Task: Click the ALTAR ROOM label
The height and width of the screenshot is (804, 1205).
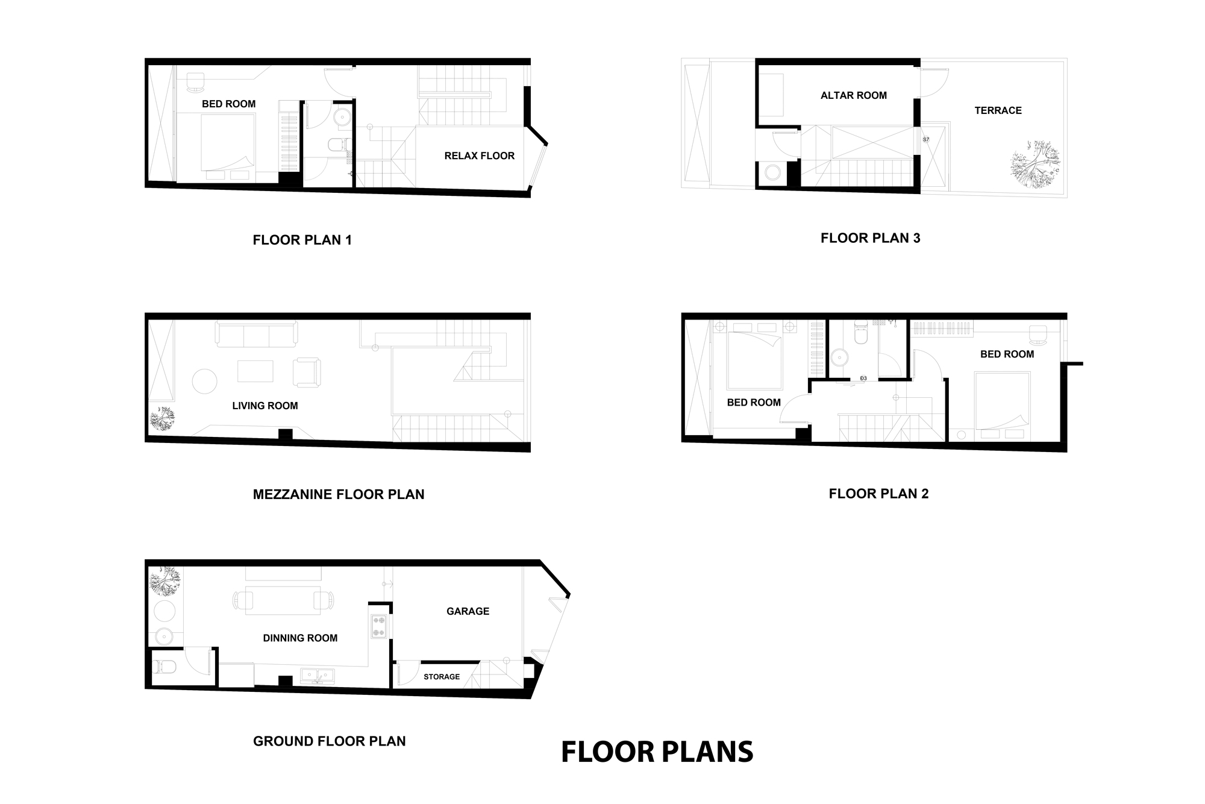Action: pos(853,95)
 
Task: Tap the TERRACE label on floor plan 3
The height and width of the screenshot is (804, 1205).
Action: pos(998,110)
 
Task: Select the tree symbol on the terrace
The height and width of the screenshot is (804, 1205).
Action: pos(1035,165)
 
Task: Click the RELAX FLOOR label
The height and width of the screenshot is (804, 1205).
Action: pos(479,156)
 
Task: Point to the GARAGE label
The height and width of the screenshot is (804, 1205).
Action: pos(468,611)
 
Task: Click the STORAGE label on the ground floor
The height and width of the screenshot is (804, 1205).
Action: pos(442,677)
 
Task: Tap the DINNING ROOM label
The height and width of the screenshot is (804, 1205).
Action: pos(300,638)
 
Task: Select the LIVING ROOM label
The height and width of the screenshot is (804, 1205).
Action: pos(265,406)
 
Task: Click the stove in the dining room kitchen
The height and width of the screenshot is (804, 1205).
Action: pos(380,626)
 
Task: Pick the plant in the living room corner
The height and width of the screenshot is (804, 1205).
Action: pos(162,419)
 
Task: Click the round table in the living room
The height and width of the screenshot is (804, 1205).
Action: pos(205,382)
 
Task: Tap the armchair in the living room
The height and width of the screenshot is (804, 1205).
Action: pos(307,372)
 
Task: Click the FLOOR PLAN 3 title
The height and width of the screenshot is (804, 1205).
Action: pos(870,238)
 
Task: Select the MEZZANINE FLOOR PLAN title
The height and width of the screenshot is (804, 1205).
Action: pos(339,495)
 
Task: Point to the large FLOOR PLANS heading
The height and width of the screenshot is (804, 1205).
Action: pos(657,752)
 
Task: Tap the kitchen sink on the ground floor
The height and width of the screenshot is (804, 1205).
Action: pos(318,676)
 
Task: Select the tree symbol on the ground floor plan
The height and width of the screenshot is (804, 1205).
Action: pos(164,582)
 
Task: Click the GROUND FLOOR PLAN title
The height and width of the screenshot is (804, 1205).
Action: pos(329,741)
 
